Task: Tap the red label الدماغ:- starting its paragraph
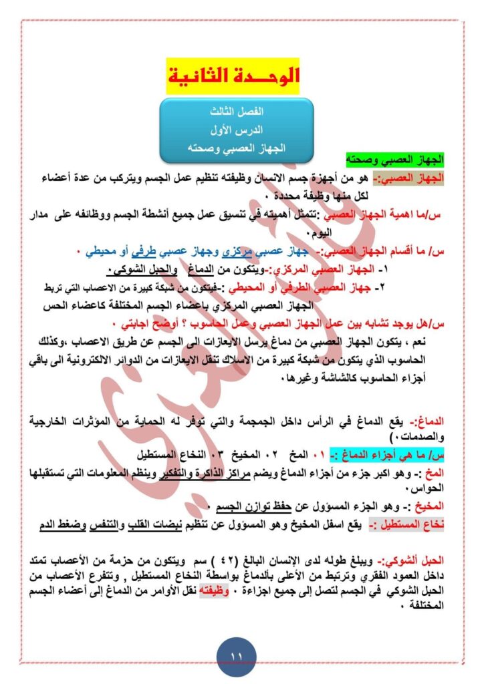click(x=446, y=423)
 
